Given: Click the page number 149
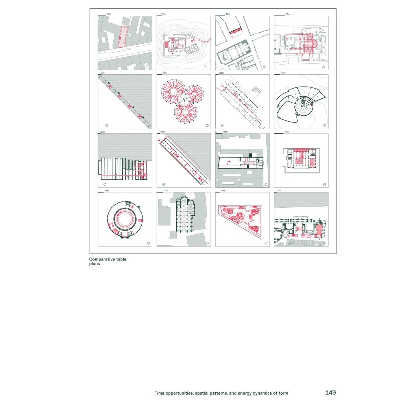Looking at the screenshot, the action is pyautogui.click(x=331, y=392).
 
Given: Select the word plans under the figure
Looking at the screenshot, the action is pyautogui.click(x=94, y=264).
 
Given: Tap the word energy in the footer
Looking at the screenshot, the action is pyautogui.click(x=244, y=393).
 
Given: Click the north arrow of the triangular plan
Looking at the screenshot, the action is pyautogui.click(x=266, y=243).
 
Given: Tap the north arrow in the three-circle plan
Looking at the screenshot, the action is pyautogui.click(x=207, y=126).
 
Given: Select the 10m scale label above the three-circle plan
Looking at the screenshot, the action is pyautogui.click(x=165, y=73).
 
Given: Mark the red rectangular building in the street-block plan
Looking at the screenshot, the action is pyautogui.click(x=123, y=37).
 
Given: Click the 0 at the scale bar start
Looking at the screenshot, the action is pyautogui.click(x=216, y=132).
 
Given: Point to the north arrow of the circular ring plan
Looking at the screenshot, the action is pyautogui.click(x=148, y=243).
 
